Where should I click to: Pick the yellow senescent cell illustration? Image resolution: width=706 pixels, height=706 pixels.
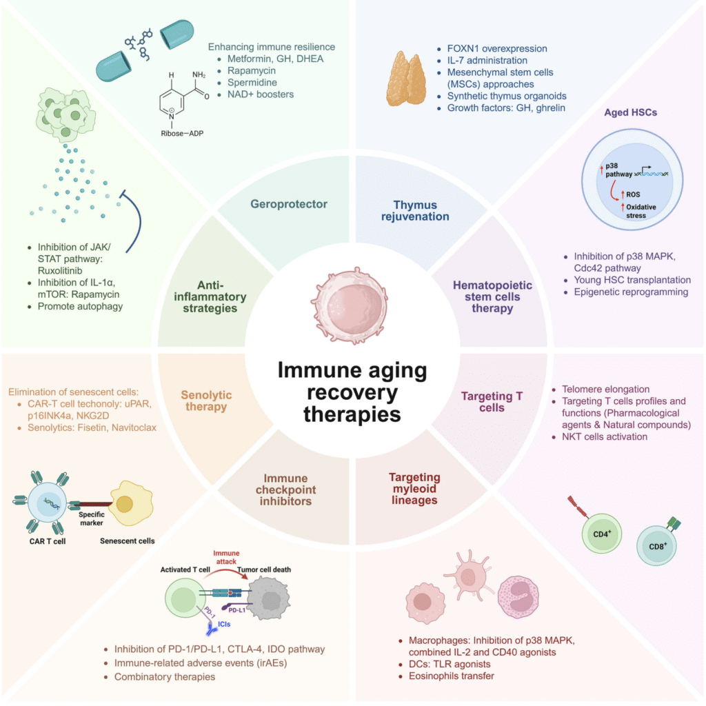(x=127, y=504)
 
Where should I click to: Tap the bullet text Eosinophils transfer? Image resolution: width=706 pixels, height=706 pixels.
(x=446, y=676)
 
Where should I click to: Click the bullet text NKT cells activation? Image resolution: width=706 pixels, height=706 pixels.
(x=604, y=437)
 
